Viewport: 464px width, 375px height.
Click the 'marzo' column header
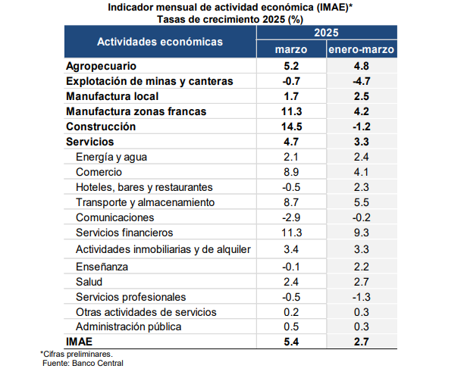pos(291,49)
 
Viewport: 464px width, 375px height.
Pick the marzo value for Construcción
pos(291,127)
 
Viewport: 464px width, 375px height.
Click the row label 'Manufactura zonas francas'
pos(136,111)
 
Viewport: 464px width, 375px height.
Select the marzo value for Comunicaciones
pos(291,217)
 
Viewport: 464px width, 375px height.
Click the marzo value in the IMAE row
pos(291,342)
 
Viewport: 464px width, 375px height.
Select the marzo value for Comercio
pos(291,172)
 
